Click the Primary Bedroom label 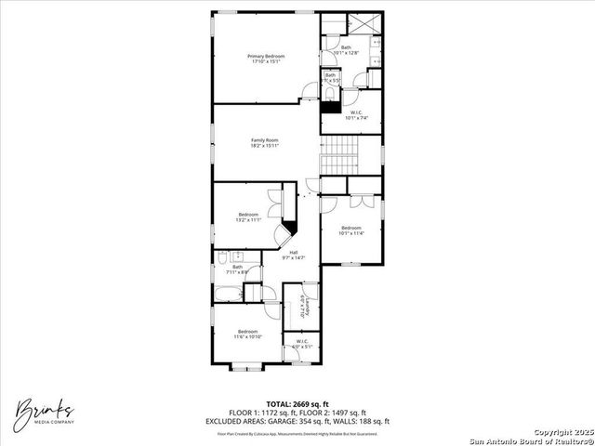pyautogui.click(x=266, y=59)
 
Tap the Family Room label pyautogui.click(x=265, y=142)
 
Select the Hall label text pyautogui.click(x=293, y=255)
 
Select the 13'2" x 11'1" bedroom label pyautogui.click(x=246, y=217)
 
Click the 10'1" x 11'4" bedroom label pyautogui.click(x=350, y=230)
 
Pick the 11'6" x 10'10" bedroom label pyautogui.click(x=247, y=334)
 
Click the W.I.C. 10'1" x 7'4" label pyautogui.click(x=357, y=115)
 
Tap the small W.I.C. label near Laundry pyautogui.click(x=302, y=344)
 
